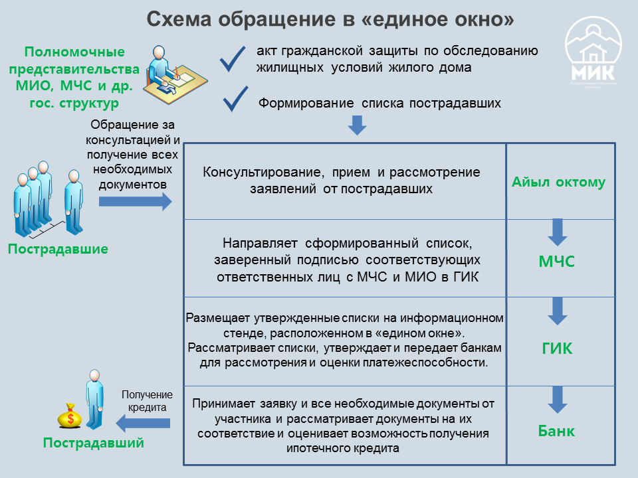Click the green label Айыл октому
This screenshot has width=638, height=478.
(x=558, y=183)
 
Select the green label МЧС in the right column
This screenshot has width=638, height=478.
(x=557, y=262)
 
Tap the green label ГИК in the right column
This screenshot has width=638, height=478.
(x=557, y=349)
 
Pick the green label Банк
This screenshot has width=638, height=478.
(x=556, y=432)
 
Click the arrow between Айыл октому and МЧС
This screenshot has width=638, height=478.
(x=557, y=232)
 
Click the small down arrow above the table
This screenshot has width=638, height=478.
(x=358, y=125)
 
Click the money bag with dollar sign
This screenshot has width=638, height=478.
(x=70, y=417)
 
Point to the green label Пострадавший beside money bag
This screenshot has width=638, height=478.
(x=93, y=443)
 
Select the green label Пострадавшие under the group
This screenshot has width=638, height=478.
(x=58, y=250)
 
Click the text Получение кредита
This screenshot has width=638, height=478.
(x=143, y=401)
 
